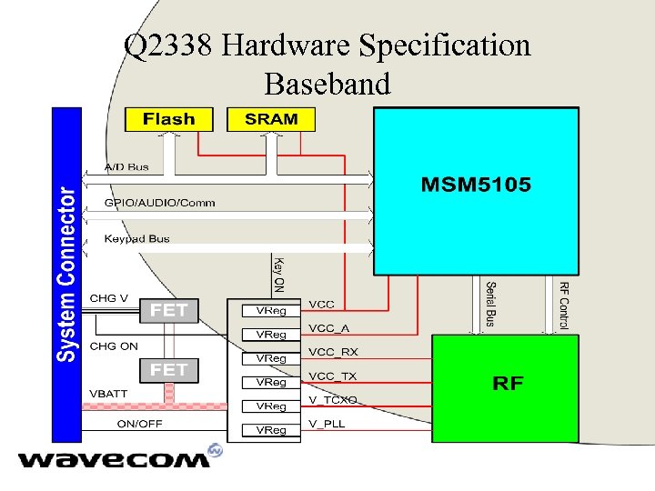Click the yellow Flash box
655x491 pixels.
pyautogui.click(x=168, y=119)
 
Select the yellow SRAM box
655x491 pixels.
pyautogui.click(x=270, y=119)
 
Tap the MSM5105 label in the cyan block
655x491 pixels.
pyautogui.click(x=476, y=185)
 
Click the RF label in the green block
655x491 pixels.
pyautogui.click(x=508, y=383)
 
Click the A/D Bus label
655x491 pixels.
pyautogui.click(x=126, y=167)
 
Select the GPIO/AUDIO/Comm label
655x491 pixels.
pyautogui.click(x=160, y=202)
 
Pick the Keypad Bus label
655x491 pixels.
pyautogui.click(x=136, y=238)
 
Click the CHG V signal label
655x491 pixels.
pyautogui.click(x=109, y=298)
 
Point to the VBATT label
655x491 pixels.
pyautogui.click(x=108, y=394)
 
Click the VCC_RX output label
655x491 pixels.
pyautogui.click(x=334, y=352)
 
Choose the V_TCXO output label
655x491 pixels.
pyautogui.click(x=333, y=400)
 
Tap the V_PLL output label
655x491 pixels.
pyautogui.click(x=327, y=424)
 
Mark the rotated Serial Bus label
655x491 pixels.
pyautogui.click(x=491, y=303)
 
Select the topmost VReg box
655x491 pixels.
pyautogui.click(x=271, y=311)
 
